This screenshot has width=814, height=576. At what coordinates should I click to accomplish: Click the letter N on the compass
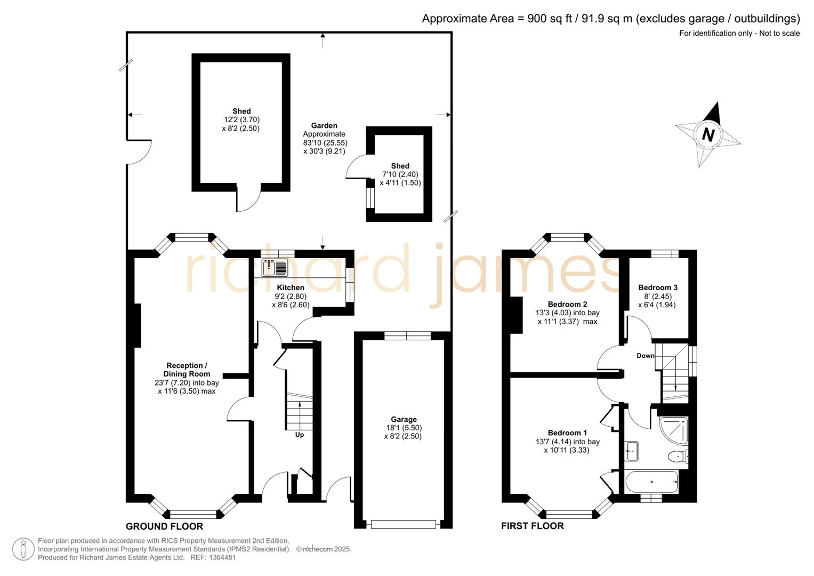708,134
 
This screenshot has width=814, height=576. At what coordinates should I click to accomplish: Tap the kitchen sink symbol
275,267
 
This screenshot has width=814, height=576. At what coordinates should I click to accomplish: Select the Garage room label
403,419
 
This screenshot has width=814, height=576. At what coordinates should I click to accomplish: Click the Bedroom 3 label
658,287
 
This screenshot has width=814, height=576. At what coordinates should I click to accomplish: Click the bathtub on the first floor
651,482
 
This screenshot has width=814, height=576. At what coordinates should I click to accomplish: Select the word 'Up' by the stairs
300,435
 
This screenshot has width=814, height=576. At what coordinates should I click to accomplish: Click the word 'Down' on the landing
645,356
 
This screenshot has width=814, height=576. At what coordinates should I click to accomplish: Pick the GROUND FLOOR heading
164,526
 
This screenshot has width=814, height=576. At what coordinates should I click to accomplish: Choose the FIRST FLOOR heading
532,526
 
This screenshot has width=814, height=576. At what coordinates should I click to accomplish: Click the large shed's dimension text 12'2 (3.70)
241,120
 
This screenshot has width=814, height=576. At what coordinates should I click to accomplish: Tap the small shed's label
400,166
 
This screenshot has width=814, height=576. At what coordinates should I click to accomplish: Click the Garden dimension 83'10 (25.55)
325,143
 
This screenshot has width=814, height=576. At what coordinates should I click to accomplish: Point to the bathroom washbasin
632,451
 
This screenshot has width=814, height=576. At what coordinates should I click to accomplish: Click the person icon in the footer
23,549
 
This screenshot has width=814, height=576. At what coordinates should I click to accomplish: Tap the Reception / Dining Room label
186,370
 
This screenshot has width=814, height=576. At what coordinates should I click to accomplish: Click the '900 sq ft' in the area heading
550,19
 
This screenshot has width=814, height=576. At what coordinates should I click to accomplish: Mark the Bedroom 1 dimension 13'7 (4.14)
557,442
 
